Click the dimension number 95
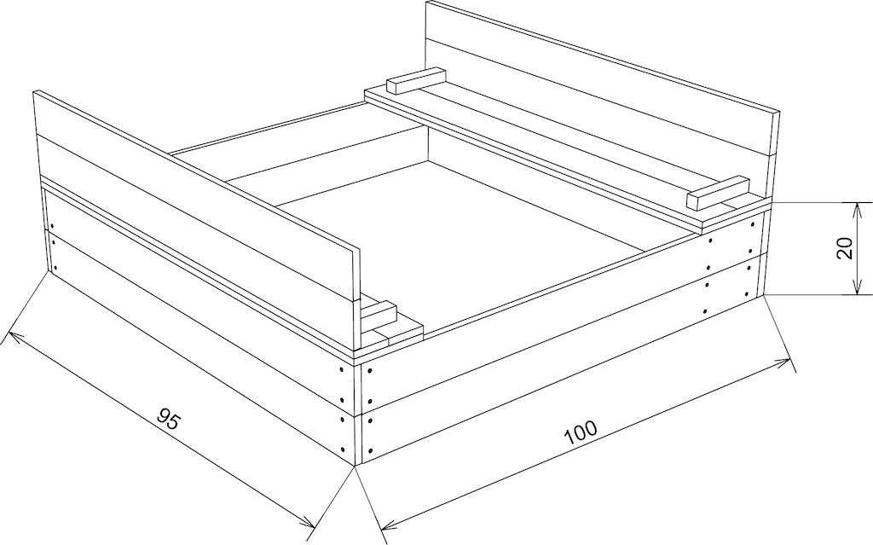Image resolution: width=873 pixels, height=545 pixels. click(168, 419)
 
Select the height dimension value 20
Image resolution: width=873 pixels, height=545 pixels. click(845, 248)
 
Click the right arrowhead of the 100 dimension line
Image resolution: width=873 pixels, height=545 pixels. click(783, 363)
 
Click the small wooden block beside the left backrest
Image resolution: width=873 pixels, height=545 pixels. click(379, 316)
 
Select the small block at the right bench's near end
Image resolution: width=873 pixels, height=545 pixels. click(718, 192)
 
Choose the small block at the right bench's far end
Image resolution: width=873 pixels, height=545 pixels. click(416, 81)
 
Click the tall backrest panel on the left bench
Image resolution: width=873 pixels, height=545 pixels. click(195, 195)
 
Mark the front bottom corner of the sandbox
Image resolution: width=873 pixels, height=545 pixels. click(356, 465)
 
